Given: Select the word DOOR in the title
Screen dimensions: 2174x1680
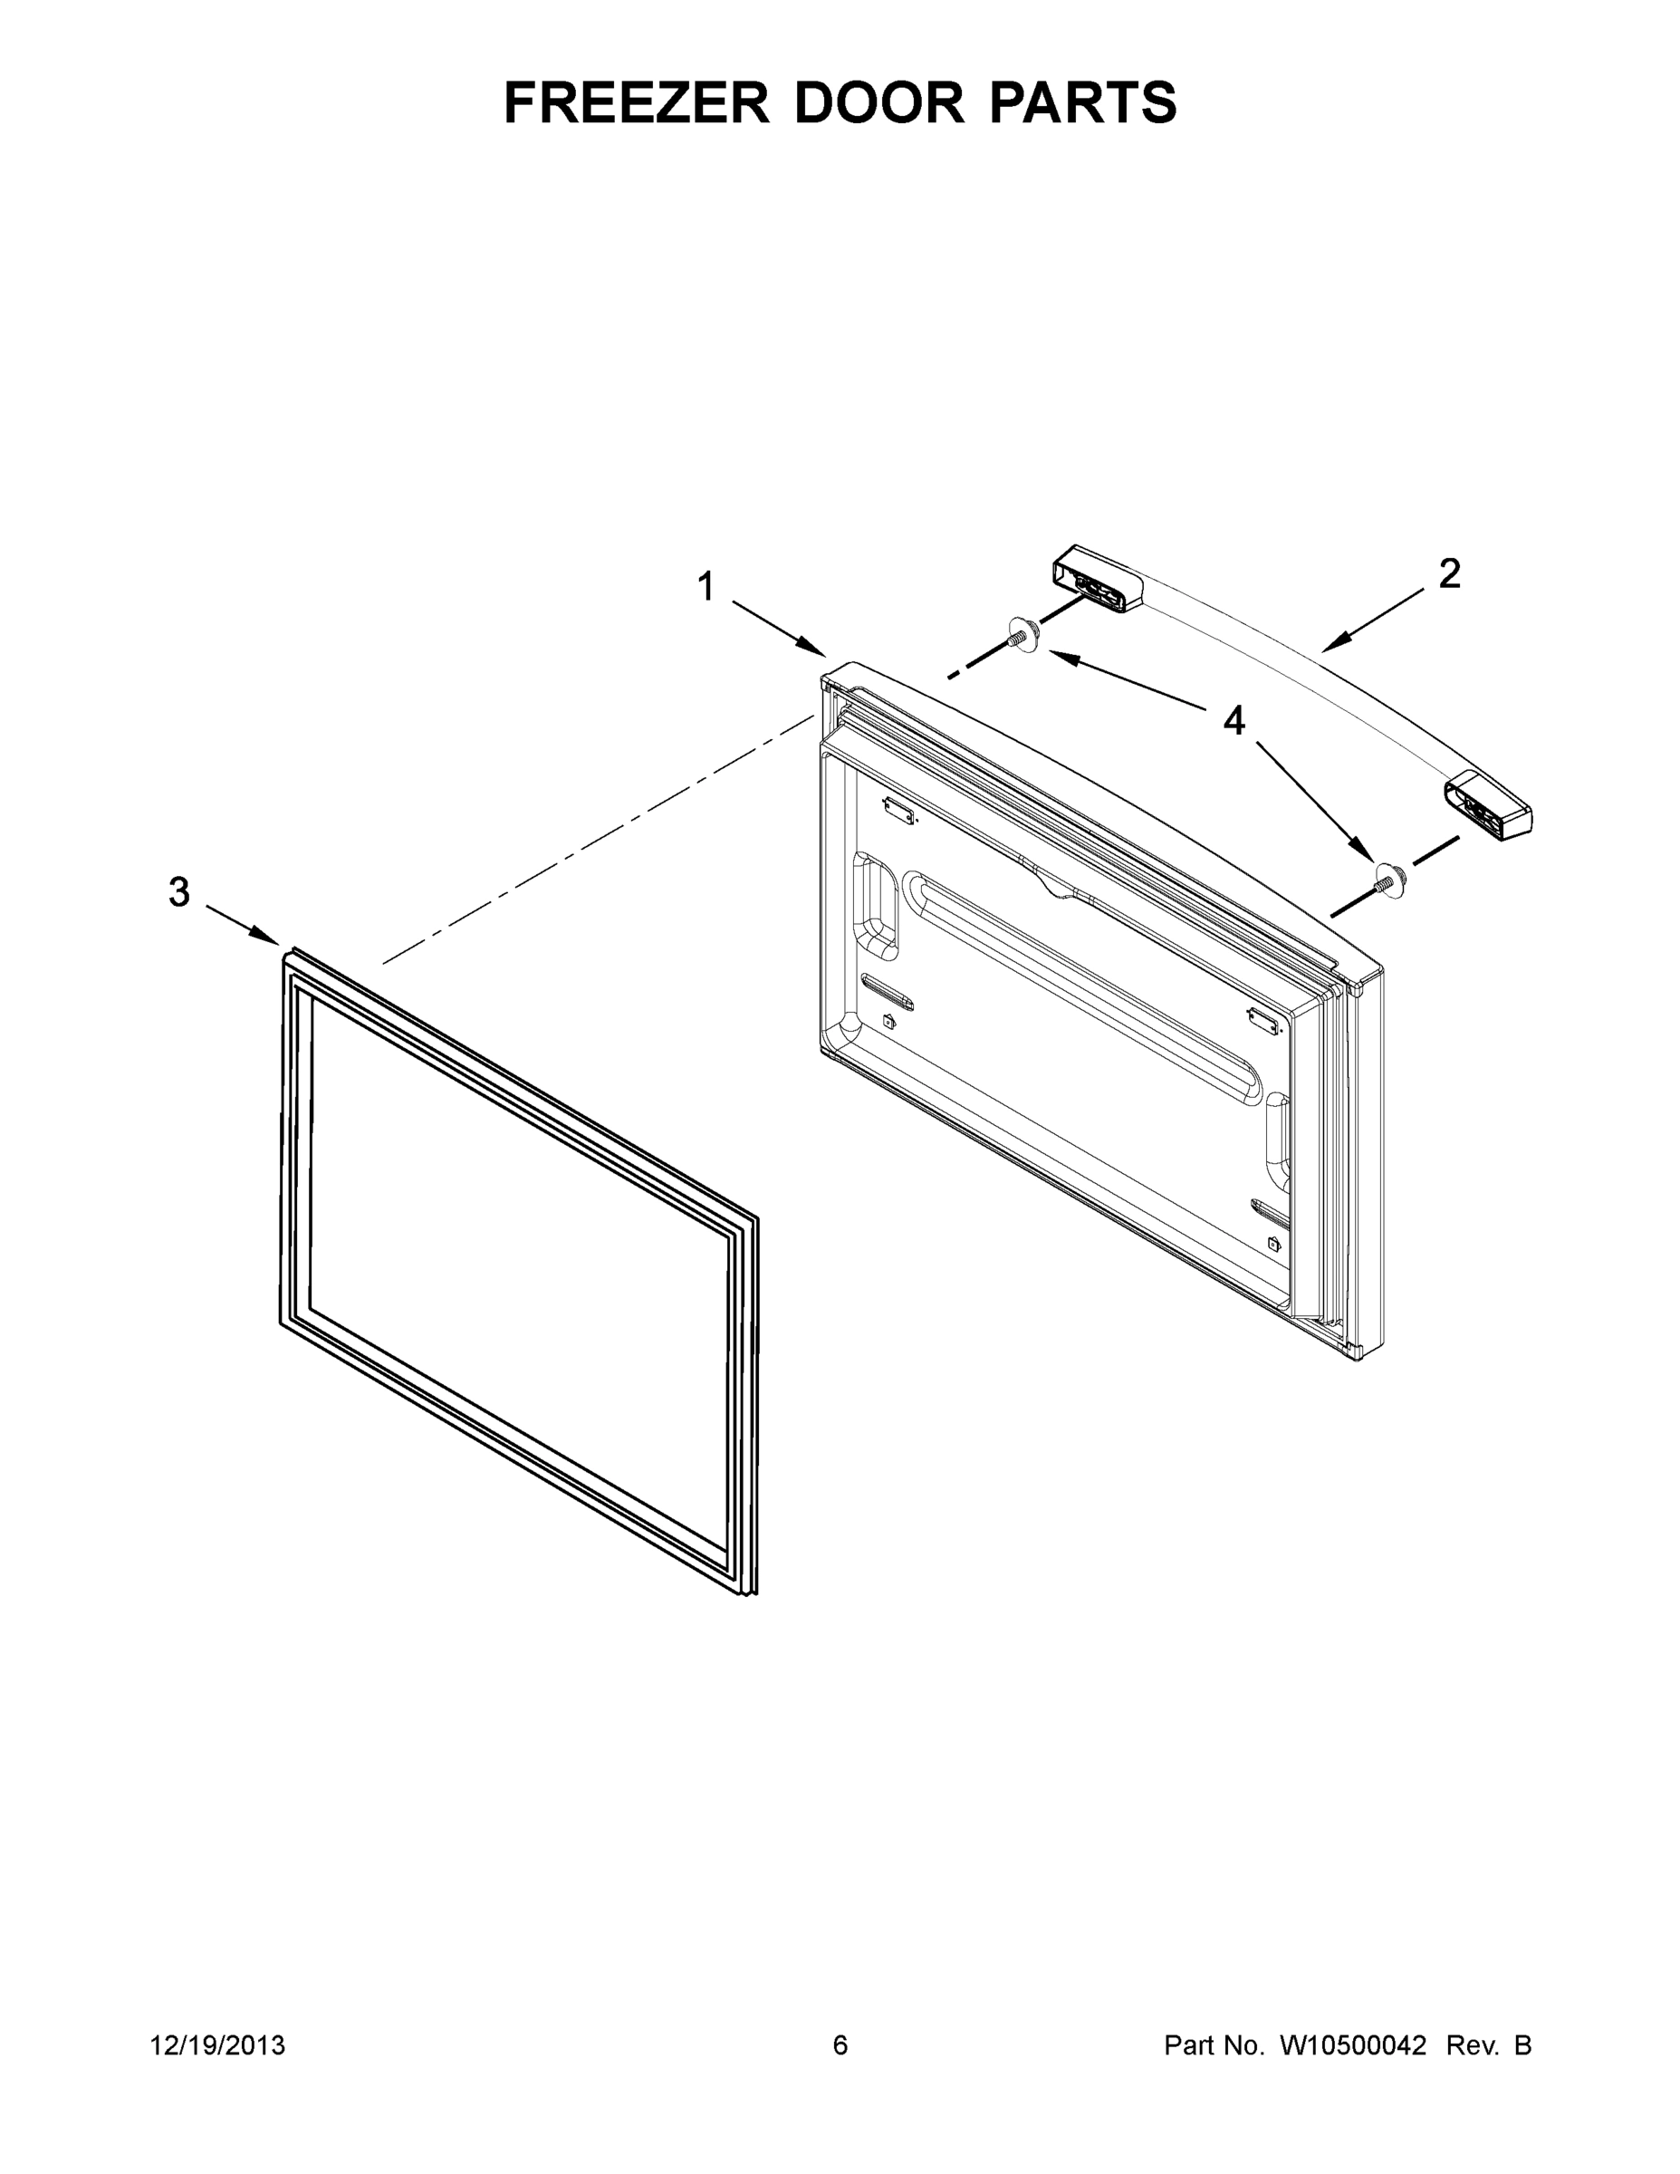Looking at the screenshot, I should tap(878, 102).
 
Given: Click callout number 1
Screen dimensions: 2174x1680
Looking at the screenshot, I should tap(706, 586).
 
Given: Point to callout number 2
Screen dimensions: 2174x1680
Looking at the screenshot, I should tap(1449, 573).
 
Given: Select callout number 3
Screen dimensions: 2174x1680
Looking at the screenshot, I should tap(179, 892).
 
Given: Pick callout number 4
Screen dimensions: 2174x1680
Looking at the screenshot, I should tap(1234, 720).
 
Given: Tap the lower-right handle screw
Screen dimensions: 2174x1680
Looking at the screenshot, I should tap(1387, 878).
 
